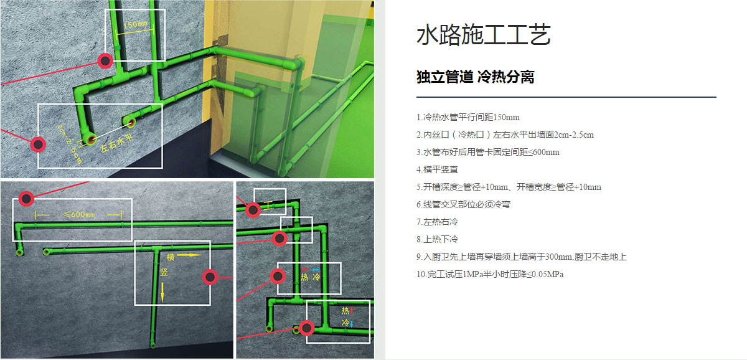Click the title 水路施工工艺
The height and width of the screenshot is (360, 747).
(x=484, y=35)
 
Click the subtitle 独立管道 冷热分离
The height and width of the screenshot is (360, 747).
(x=475, y=77)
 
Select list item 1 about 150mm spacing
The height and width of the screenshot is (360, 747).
(x=468, y=118)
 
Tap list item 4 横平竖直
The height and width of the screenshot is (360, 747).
(x=437, y=170)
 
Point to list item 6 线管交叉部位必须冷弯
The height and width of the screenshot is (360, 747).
(x=463, y=204)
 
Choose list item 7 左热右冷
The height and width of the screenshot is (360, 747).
(x=437, y=222)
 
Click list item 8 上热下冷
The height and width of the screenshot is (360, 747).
(x=437, y=239)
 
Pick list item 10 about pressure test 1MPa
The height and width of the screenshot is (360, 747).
(x=490, y=274)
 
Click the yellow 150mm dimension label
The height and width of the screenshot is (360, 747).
(x=136, y=24)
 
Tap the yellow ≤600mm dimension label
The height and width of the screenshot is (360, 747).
(x=80, y=214)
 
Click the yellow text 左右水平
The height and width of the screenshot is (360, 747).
(x=116, y=143)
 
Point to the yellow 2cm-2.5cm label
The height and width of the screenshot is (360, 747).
(x=70, y=144)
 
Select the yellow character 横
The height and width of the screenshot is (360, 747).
(x=171, y=257)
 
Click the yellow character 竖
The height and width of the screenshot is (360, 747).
(x=164, y=272)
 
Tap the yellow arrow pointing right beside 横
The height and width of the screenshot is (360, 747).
(x=189, y=255)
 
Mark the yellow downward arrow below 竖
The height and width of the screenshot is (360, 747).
(x=162, y=292)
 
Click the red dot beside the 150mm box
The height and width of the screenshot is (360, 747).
(x=105, y=60)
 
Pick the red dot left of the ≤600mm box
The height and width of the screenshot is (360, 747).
(x=26, y=199)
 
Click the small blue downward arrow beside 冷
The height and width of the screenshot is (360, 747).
(x=352, y=323)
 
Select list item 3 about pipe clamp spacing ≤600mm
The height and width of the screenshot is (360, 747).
(x=488, y=153)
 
